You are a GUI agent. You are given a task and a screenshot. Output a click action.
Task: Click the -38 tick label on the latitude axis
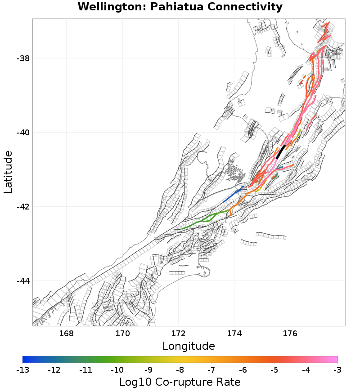[x=23, y=58]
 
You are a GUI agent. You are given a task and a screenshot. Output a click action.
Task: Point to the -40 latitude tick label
[x=23, y=133]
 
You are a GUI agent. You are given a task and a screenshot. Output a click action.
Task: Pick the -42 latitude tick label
[x=23, y=207]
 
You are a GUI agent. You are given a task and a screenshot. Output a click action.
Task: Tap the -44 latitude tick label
[x=23, y=281]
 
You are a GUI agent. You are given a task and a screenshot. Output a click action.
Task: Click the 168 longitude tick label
[x=67, y=334]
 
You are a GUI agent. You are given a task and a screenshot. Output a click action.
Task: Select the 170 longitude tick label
[x=122, y=334]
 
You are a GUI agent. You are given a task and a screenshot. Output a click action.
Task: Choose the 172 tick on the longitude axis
[x=178, y=334]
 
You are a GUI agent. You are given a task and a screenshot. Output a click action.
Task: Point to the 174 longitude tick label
[x=234, y=334]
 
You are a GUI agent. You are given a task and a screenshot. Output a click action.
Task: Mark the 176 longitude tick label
[x=290, y=334]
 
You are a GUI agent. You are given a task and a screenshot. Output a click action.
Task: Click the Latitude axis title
[x=8, y=172]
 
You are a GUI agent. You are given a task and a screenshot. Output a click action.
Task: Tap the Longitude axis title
[x=189, y=346]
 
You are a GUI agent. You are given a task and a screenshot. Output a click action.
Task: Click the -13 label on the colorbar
[x=22, y=370]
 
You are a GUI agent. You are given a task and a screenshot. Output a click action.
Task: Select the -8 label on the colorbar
[x=180, y=370]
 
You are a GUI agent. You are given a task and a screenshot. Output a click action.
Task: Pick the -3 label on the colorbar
[x=337, y=370]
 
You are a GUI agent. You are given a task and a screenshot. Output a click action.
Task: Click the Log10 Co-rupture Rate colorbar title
[x=180, y=382]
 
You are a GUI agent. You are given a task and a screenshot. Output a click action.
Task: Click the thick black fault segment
[x=281, y=151]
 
